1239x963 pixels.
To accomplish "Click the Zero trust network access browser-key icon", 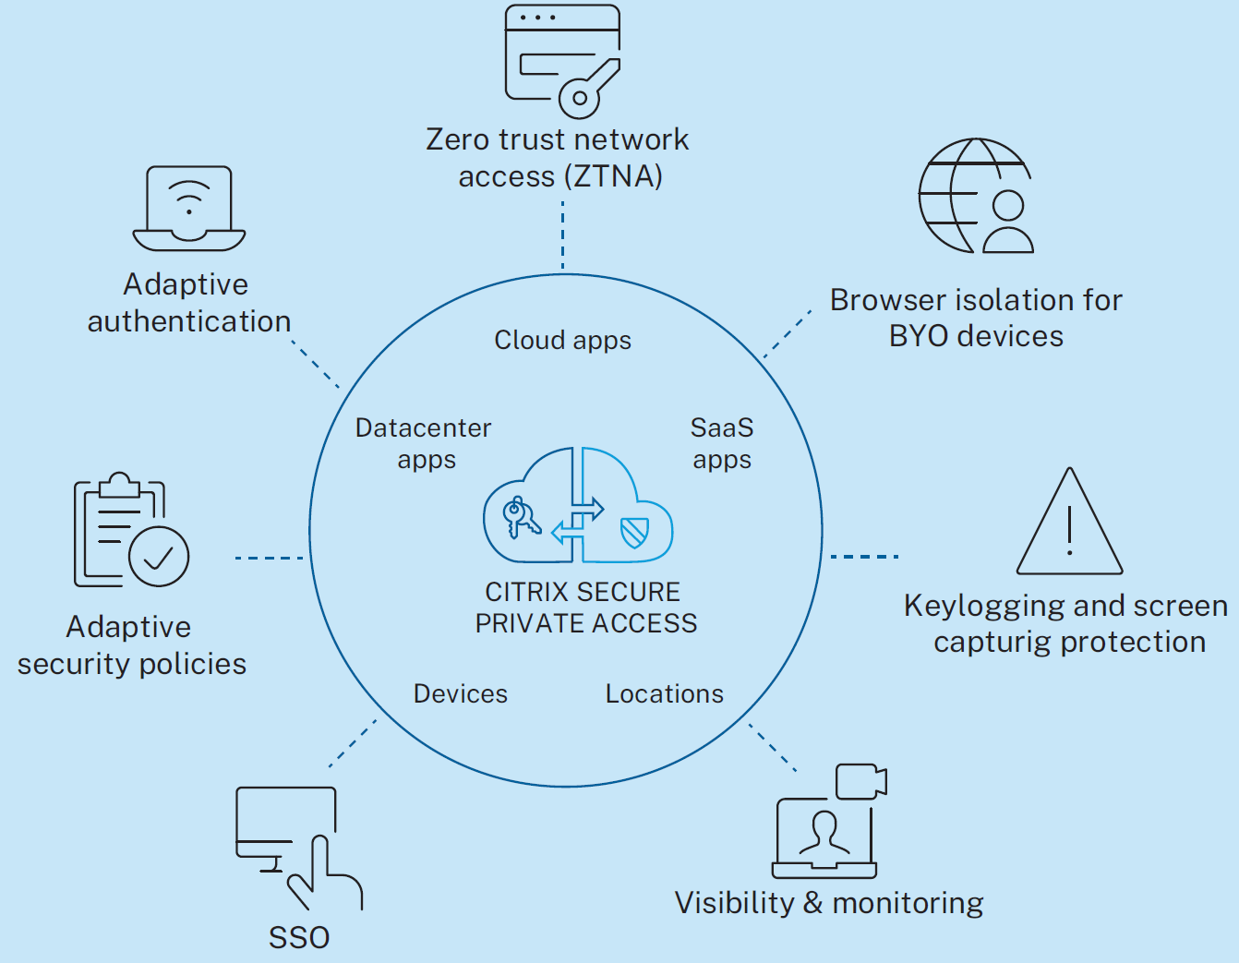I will pyautogui.click(x=562, y=61).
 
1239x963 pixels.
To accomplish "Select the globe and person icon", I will pyautogui.click(x=975, y=196).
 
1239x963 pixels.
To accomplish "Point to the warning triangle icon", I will pyautogui.click(x=1069, y=524).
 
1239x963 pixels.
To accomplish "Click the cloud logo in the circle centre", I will pyautogui.click(x=578, y=506).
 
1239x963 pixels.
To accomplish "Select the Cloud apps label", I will pyautogui.click(x=562, y=341).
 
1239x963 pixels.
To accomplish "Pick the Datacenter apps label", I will pyautogui.click(x=424, y=443).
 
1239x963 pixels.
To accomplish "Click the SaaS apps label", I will pyautogui.click(x=722, y=443).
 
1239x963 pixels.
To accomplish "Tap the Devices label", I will pyautogui.click(x=461, y=694).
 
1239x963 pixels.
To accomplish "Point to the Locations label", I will pyautogui.click(x=665, y=694).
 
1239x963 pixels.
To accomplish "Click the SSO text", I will pyautogui.click(x=299, y=938).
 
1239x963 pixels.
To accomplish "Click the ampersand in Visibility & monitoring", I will pyautogui.click(x=813, y=903).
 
